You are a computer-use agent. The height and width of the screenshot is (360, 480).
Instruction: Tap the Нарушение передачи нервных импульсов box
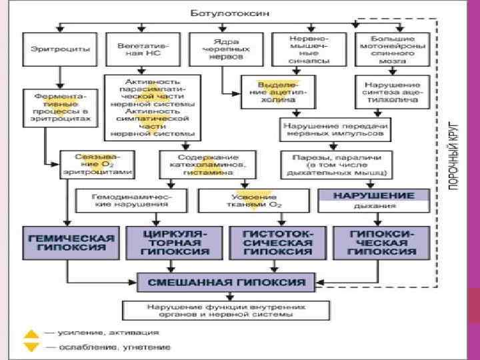tap(336, 129)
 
